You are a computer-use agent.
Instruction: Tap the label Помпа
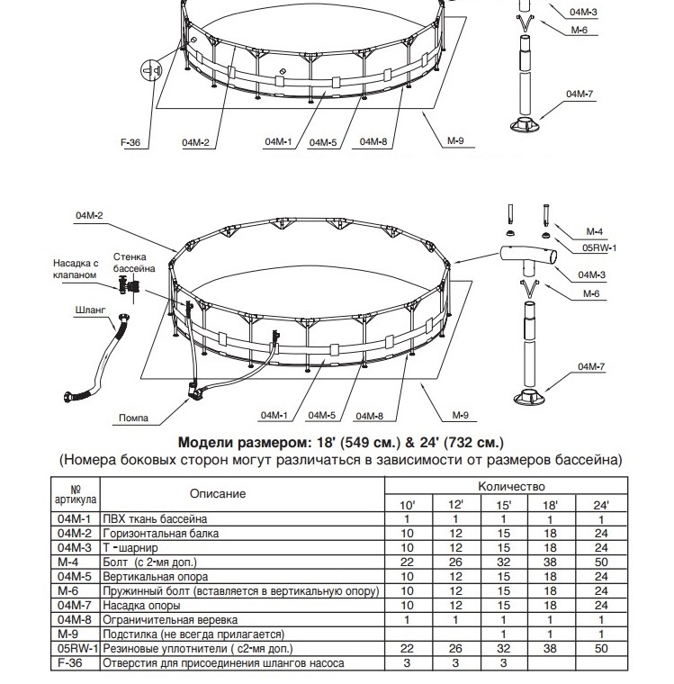tap(133, 418)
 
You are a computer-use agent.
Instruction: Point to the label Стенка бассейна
tap(134, 263)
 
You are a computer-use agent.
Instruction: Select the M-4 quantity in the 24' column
tap(601, 562)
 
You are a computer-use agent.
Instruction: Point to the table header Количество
tap(511, 486)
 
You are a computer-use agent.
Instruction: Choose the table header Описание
tap(218, 494)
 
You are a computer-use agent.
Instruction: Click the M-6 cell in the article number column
tap(71, 591)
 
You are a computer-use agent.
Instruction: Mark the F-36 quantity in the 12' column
tap(455, 663)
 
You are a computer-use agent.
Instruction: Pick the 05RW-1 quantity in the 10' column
tap(407, 649)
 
